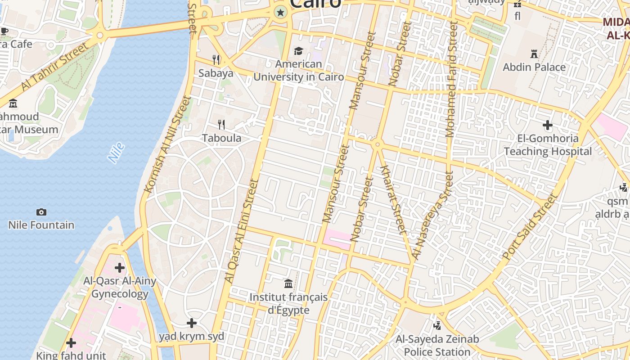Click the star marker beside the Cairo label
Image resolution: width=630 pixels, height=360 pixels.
pos(281,12)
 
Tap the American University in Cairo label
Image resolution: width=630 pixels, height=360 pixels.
pos(298,70)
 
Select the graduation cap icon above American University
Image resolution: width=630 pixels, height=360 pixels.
pos(298,51)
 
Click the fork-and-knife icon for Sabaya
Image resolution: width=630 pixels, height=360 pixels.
pos(216,59)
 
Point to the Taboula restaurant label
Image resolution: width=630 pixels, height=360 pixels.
pos(221,138)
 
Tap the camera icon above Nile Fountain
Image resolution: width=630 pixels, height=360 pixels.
pos(41,212)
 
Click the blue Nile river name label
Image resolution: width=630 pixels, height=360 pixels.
pos(116,153)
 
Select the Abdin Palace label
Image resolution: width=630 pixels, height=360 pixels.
pos(534,67)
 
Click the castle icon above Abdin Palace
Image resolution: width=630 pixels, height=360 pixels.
pos(534,54)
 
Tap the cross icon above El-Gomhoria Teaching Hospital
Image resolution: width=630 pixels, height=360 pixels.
pos(548,125)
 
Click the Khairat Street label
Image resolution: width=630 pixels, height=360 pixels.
pos(393,198)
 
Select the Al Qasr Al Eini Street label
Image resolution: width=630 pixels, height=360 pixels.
pos(241,231)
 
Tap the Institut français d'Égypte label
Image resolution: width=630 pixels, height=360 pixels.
pos(288,304)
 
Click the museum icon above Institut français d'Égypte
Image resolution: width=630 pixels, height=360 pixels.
pos(288,283)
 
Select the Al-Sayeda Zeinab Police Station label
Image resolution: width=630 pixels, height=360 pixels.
pos(437,345)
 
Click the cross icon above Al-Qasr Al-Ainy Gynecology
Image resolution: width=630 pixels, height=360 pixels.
pos(120,268)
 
